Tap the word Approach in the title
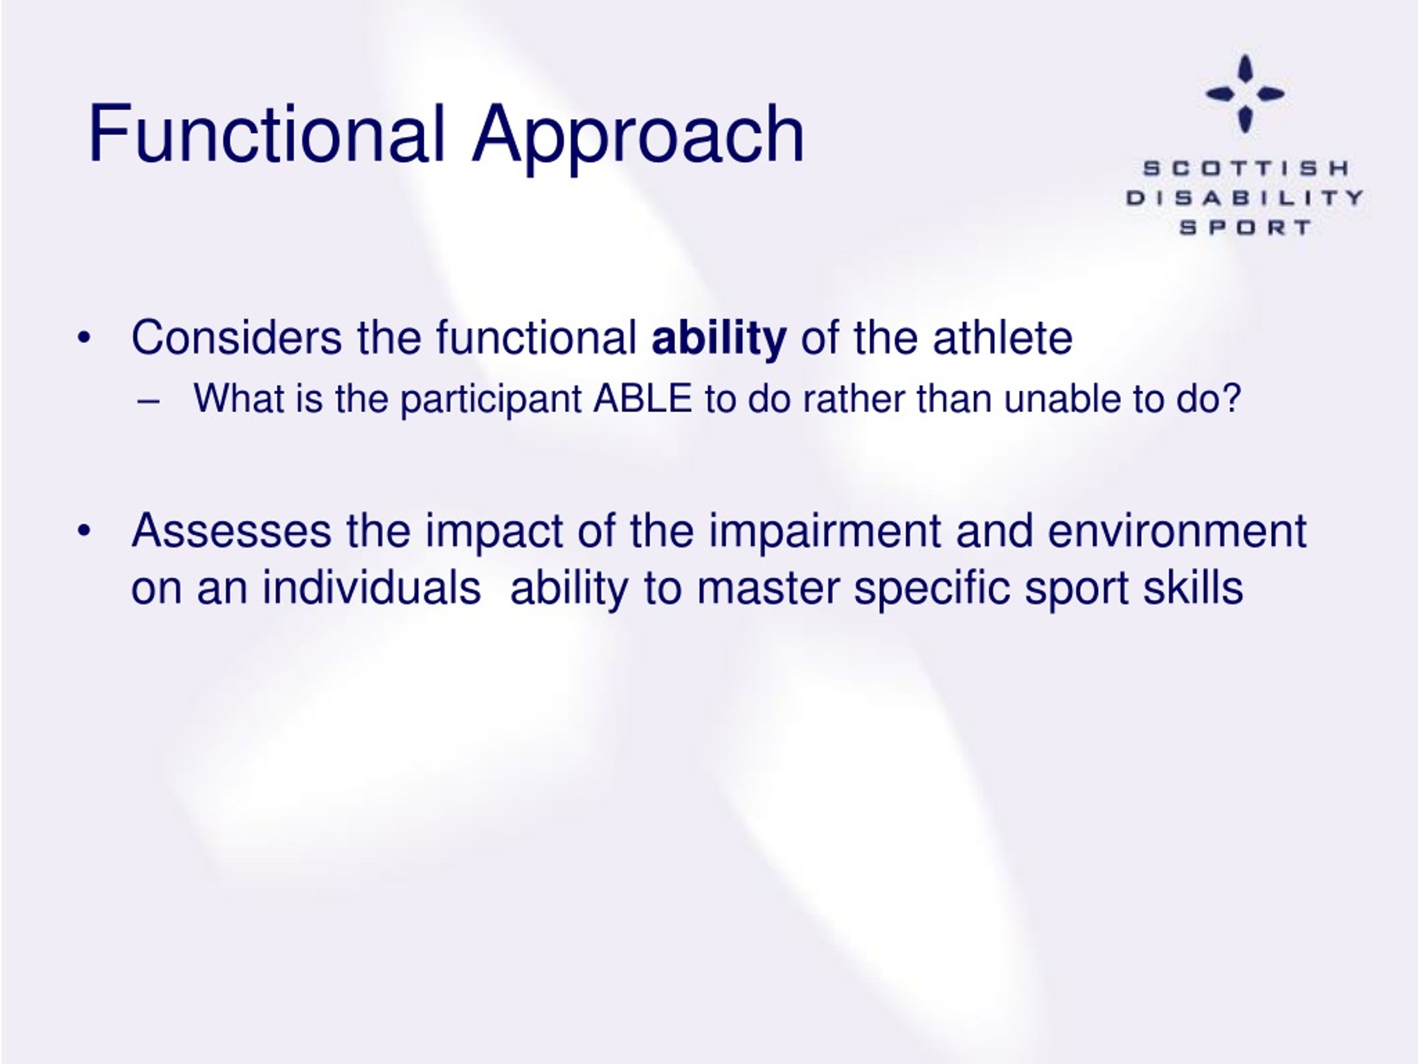pos(638,137)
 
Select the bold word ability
pos(718,340)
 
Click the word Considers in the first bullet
pos(237,337)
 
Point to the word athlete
pos(1003,338)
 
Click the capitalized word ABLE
pos(643,398)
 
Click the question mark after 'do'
pos(1232,398)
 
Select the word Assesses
pos(232,531)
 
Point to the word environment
pos(1177,531)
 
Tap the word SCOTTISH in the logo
pos(1246,168)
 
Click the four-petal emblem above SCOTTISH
pos(1245,94)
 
